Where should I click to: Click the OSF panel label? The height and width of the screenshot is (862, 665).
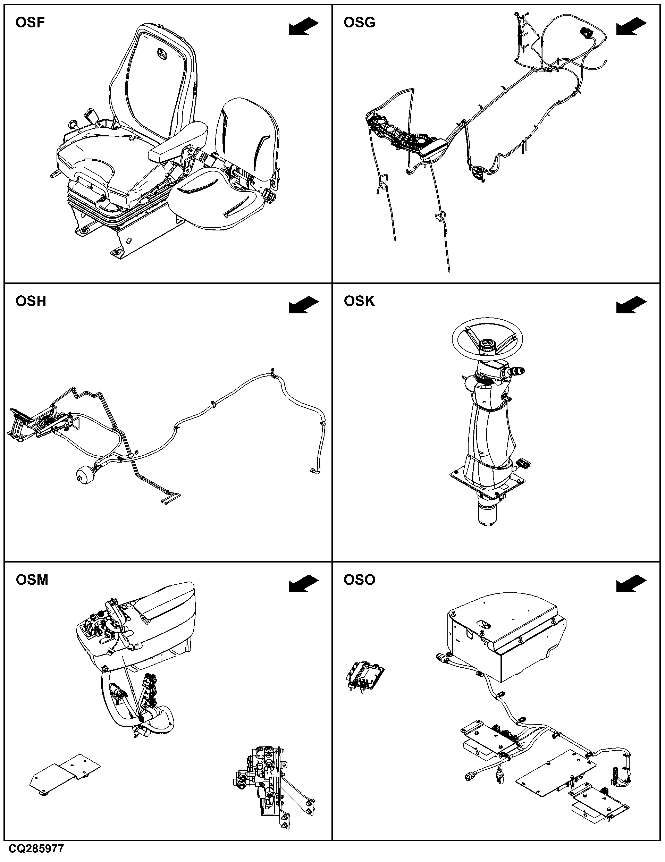coord(30,23)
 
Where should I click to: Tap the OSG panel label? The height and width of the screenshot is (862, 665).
coord(359,23)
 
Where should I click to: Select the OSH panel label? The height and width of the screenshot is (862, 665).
coord(31,301)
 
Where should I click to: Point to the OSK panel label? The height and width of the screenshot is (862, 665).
coord(359,301)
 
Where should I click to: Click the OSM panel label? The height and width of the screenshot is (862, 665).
coord(32,580)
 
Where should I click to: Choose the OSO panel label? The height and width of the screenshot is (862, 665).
coord(359,580)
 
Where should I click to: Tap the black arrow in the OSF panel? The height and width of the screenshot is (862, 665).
coord(303,26)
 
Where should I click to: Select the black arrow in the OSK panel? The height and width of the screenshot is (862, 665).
coord(631,305)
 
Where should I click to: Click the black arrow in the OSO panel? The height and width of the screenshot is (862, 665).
coord(631,584)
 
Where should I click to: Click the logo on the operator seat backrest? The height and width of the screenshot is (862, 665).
coord(162,54)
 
